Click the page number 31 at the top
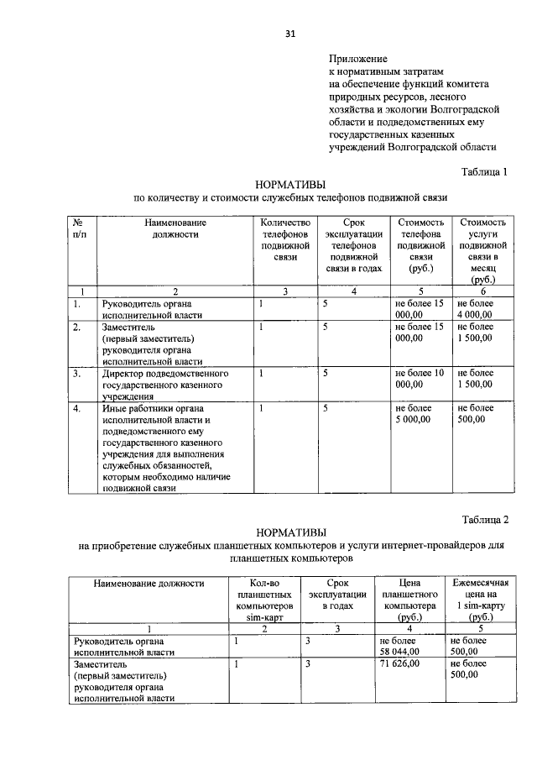point(289,34)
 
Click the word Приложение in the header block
point(357,60)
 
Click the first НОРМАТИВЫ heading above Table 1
point(290,184)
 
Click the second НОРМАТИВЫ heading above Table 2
point(290,532)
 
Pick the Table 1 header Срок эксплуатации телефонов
point(353,241)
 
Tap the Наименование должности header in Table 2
point(149,582)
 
